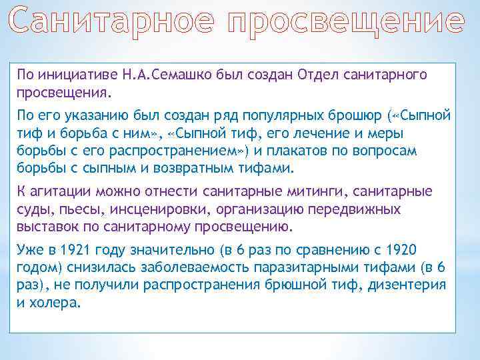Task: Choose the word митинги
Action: coord(321,192)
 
